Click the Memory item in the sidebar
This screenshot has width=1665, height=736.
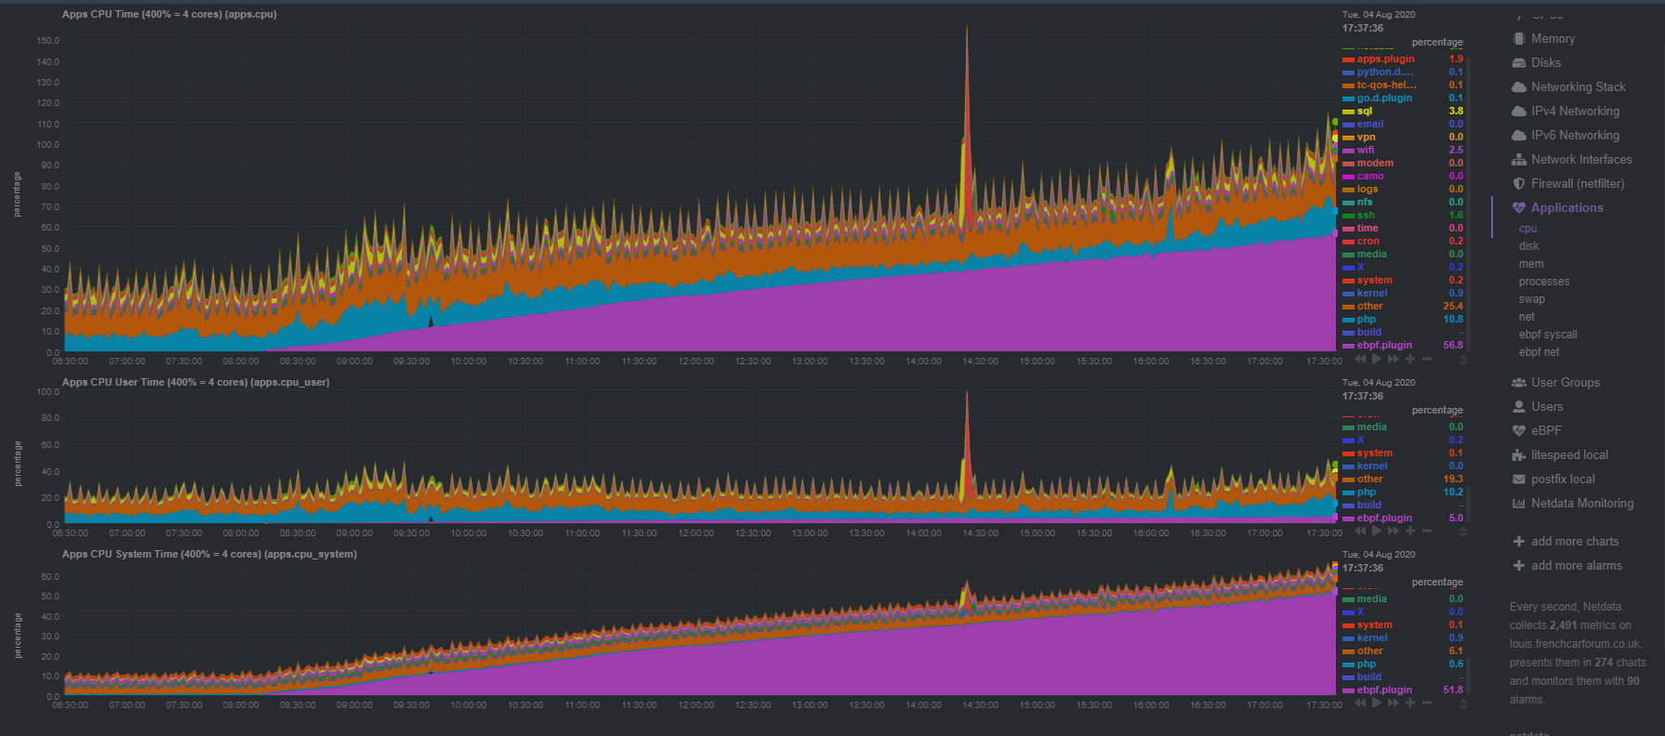pos(1552,39)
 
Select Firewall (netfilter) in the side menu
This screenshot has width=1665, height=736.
pos(1577,184)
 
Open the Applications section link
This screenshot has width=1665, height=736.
pos(1566,208)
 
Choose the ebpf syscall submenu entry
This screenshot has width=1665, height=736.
pos(1547,335)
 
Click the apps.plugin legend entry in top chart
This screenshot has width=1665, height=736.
pos(1384,59)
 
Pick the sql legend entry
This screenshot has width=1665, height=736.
pos(1364,112)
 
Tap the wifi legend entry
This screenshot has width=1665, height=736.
pos(1365,151)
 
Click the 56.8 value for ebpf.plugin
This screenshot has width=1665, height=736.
pos(1452,346)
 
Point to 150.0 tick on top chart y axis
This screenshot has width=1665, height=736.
pos(48,41)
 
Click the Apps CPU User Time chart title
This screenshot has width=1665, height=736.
pos(195,383)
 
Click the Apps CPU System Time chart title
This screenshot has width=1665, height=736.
pos(209,555)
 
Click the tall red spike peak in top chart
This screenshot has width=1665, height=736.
pos(967,28)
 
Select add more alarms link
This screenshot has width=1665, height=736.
pos(1576,566)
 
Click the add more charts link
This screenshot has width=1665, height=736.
pos(1574,542)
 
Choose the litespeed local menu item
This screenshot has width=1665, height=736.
pos(1568,455)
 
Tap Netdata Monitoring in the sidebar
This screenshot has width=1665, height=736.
pos(1581,504)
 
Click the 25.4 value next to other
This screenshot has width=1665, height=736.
pos(1452,307)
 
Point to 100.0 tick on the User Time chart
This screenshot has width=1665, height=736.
pos(48,392)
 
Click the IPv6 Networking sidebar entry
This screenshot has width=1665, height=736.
pos(1574,136)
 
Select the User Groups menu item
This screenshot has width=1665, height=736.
pos(1565,383)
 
